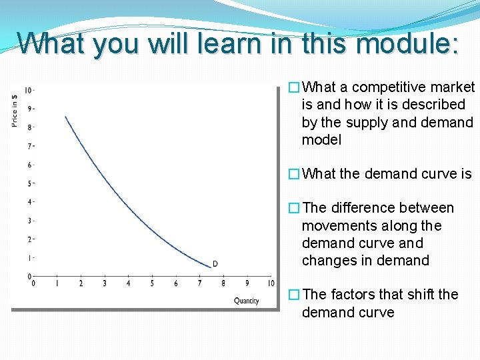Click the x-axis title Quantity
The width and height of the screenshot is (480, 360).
pos(246,301)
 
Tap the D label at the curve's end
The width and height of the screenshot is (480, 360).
pos(215,264)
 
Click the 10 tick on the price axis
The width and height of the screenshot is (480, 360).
pos(29,90)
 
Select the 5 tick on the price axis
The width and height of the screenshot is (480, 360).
pos(29,183)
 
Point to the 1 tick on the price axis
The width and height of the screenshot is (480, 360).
pos(29,258)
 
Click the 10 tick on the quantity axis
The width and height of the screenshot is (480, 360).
pos(271,284)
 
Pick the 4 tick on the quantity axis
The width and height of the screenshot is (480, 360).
pos(129,284)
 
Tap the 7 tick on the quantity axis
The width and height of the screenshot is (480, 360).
pos(199,284)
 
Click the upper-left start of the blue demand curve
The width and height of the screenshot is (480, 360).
pos(65,117)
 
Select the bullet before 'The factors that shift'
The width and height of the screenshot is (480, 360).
pos(293,295)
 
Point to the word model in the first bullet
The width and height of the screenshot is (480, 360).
pos(321,140)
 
